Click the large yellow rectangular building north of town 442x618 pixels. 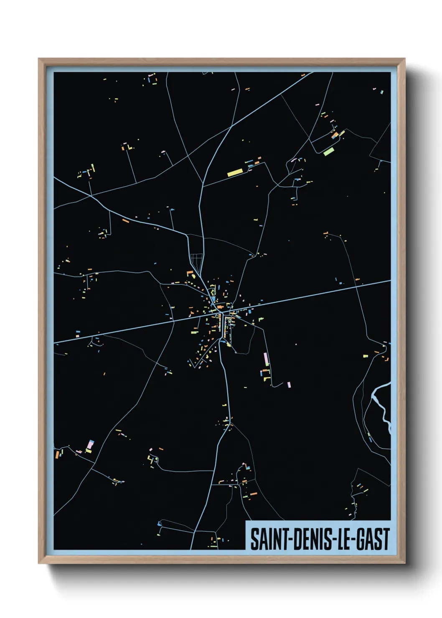click(235, 172)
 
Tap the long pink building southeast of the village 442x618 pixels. click(266, 359)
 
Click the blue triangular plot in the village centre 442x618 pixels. click(213, 299)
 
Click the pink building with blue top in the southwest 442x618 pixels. click(90, 445)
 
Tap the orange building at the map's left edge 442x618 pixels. click(57, 454)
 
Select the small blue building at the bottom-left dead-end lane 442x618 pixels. click(159, 523)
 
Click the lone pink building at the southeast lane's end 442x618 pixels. click(289, 385)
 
